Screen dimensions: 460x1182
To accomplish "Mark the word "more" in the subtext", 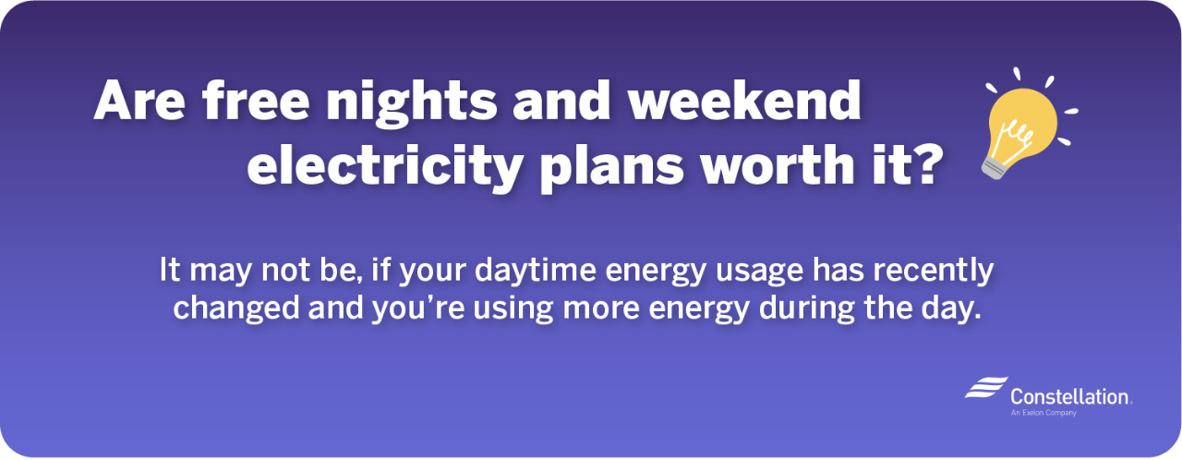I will click(632, 309).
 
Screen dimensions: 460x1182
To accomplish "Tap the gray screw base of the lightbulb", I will click(995, 165).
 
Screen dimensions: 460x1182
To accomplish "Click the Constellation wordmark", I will click(1070, 396).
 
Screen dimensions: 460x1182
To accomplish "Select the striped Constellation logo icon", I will click(985, 389).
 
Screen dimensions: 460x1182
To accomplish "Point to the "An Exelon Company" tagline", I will click(1043, 413).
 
